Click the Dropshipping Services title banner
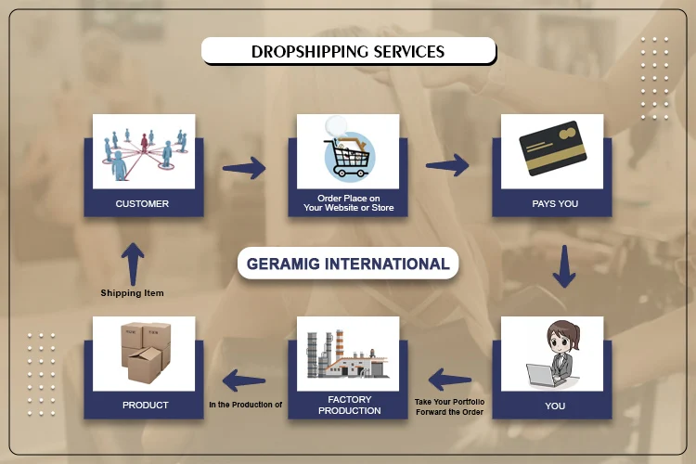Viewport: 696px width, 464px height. pos(348,51)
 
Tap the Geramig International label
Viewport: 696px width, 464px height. pos(348,264)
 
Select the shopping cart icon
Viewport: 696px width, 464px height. pos(348,152)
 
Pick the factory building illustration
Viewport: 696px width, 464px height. pos(348,354)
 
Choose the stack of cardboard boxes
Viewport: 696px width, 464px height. pos(144,354)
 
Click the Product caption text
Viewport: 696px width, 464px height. pos(145,405)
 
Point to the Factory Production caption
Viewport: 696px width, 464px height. pos(349,405)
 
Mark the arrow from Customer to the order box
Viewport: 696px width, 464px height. pos(244,168)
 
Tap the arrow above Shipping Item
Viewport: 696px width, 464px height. pos(132,264)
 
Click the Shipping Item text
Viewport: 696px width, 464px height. pos(132,293)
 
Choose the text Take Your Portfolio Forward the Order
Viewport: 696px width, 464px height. pos(449,407)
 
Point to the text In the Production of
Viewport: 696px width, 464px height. pos(245,404)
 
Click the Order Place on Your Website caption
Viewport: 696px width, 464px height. pos(348,203)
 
